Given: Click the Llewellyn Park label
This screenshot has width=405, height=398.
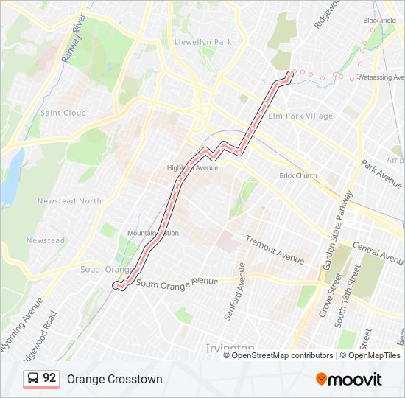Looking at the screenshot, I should [x=202, y=42].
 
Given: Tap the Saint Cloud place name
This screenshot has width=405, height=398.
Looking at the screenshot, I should [x=63, y=113].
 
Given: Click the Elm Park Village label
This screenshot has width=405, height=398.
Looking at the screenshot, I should [x=300, y=116].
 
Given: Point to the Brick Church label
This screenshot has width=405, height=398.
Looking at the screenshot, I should [x=297, y=175].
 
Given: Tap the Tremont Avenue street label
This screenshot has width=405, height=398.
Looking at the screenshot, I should [x=274, y=250].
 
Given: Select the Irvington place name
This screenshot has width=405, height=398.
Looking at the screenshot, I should [x=229, y=347].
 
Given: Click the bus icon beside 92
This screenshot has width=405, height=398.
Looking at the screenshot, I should [x=33, y=379].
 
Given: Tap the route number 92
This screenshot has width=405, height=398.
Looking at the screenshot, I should [x=49, y=378].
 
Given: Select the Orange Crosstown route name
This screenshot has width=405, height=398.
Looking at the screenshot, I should [x=114, y=379].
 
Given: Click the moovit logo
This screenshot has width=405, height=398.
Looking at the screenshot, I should [x=349, y=380].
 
